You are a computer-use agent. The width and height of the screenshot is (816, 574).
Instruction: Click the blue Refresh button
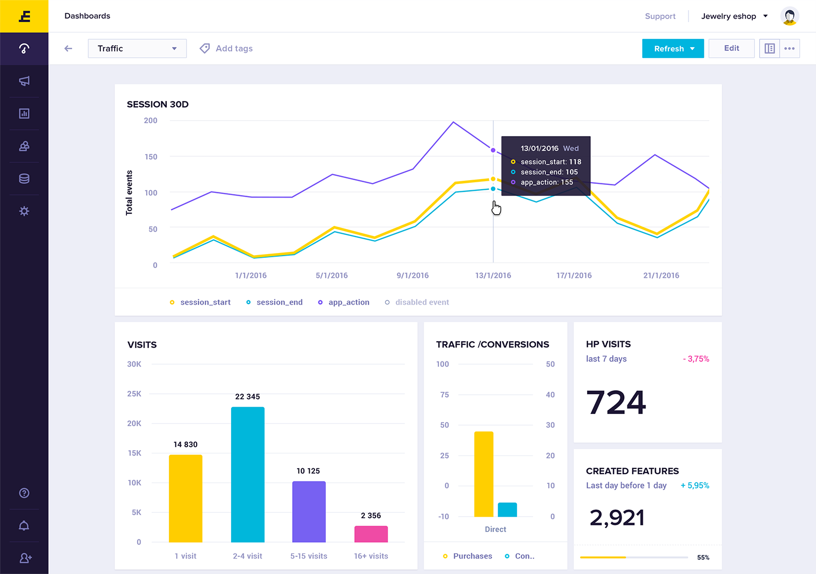coord(673,48)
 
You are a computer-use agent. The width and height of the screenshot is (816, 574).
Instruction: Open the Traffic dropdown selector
coord(137,48)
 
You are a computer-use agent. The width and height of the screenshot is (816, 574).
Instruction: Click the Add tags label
coord(234,48)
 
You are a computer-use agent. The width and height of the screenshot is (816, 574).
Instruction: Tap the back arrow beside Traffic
coord(68,48)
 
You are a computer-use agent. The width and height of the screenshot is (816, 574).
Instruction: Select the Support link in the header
coord(660,16)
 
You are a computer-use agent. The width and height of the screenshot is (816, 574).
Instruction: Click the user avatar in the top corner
coord(789,16)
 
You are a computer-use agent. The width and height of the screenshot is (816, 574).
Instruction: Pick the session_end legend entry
coord(279,302)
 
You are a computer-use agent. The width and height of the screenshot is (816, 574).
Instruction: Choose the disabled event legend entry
coord(421,302)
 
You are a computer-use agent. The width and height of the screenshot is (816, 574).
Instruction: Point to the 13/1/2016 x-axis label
coord(493,275)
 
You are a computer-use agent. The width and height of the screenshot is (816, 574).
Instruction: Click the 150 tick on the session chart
coord(151,157)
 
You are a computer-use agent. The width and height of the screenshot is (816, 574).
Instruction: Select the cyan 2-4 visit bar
coord(248,474)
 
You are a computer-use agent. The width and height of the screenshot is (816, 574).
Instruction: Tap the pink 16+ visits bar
coord(371,534)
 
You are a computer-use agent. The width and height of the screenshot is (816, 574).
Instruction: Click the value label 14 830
coord(185,444)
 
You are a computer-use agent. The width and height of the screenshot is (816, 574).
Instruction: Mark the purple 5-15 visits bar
coord(309,511)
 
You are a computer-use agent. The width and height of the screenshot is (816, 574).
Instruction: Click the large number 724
coord(616,402)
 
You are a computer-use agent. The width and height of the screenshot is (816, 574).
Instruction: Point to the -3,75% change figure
coord(696,359)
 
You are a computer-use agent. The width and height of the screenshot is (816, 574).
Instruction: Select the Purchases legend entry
coord(472,556)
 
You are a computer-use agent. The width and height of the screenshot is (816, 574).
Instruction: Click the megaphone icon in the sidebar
coord(24,81)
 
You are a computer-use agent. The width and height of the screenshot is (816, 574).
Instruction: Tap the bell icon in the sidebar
coord(24,526)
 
